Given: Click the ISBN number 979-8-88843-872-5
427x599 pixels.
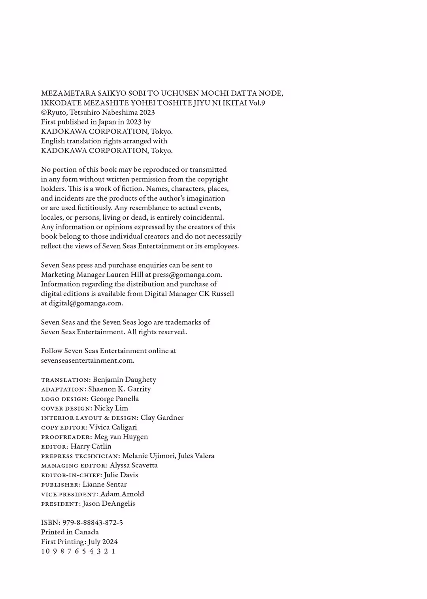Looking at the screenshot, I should point(93,522).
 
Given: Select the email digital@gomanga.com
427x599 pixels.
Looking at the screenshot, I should point(85,303).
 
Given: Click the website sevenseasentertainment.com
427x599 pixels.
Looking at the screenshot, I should point(87,360).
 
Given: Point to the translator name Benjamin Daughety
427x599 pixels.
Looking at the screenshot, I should point(124,379).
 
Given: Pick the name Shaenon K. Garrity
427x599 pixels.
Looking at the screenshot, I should point(119,389).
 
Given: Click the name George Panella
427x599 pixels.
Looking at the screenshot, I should point(115,399).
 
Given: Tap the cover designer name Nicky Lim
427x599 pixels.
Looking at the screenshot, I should point(111,408).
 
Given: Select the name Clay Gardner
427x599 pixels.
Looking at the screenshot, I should point(162,418).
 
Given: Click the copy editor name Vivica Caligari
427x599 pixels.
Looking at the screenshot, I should point(113,427).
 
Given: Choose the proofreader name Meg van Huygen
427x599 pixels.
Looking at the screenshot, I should point(121,437).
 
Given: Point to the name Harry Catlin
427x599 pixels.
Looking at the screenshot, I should point(91,446).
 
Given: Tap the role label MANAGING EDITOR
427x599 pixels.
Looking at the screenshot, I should point(74,465).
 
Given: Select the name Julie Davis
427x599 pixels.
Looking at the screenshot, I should point(121,475).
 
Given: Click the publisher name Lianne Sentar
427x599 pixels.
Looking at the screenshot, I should point(105,484).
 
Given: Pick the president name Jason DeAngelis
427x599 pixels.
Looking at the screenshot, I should point(109,503).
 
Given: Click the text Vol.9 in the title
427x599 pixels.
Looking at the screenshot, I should point(257,103).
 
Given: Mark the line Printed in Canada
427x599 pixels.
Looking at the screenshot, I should point(70,532).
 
